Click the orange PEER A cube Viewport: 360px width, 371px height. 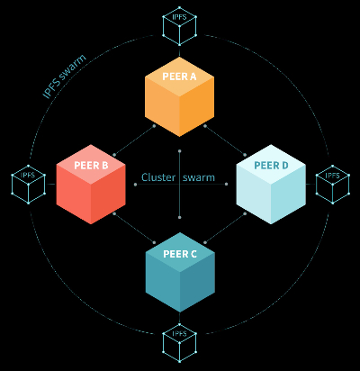pos(179,96)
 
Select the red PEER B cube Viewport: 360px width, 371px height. pos(91,185)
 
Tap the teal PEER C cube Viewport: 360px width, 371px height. pos(180,272)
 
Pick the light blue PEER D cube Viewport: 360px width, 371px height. pos(271,185)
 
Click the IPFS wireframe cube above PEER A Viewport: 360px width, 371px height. pos(179,26)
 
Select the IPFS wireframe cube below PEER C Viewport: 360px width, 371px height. pos(179,342)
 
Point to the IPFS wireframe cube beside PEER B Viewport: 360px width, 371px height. pos(28,185)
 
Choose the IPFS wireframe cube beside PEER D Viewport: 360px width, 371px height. pos(332,185)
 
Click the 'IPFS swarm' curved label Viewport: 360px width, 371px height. pos(64,77)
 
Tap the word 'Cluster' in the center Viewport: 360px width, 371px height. pos(158,177)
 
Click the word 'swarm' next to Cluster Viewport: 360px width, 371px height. pos(199,178)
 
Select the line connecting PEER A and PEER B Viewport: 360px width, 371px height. pos(134,140)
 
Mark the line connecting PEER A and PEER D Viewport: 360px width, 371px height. pos(225,140)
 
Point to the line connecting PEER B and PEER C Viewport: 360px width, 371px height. pos(134,228)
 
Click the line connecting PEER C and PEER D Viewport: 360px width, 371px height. pos(225,228)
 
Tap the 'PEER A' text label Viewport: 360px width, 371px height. pos(179,77)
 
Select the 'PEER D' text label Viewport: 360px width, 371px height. pos(271,166)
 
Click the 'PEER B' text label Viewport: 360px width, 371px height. pos(91,166)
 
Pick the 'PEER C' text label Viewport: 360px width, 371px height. pos(180,254)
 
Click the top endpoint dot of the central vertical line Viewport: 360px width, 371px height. pos(179,151)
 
